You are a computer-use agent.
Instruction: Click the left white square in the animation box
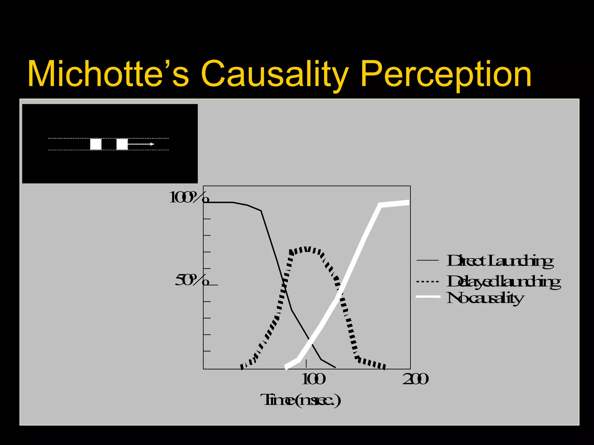point(96,144)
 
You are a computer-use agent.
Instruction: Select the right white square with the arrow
point(122,144)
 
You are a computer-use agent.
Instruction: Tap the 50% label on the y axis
point(192,280)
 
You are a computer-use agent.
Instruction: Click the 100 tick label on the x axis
point(313,379)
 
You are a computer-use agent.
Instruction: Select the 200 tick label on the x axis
point(415,379)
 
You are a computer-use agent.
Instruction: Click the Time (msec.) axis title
point(301,400)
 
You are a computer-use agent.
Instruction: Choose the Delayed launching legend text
point(504,282)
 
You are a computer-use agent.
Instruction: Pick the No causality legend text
point(485,298)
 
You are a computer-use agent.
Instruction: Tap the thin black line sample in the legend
point(428,260)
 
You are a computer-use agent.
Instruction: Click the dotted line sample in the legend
point(428,281)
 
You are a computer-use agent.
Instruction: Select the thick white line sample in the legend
point(428,297)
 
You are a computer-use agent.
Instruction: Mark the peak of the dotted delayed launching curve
point(306,249)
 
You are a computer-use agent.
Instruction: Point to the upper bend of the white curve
point(381,205)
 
